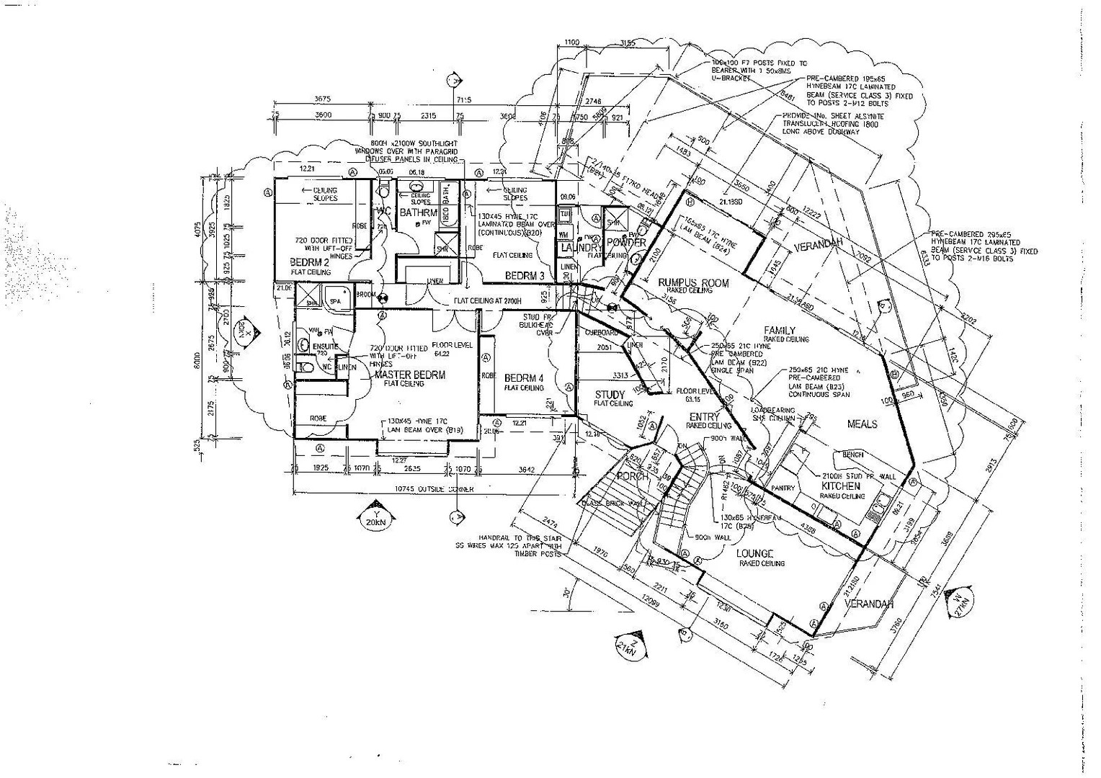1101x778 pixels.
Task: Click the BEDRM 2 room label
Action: (x=310, y=262)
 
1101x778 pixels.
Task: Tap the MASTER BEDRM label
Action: (x=410, y=375)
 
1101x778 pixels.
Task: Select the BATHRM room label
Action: (x=419, y=213)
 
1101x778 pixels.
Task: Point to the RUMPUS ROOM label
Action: (x=694, y=283)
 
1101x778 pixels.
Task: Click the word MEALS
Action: (x=862, y=424)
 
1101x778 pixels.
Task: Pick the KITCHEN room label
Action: (x=841, y=486)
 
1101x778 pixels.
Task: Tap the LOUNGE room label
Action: (x=754, y=553)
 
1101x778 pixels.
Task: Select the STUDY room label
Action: (x=610, y=395)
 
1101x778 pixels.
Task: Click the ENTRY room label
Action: (x=704, y=417)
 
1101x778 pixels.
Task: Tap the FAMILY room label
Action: (x=780, y=331)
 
